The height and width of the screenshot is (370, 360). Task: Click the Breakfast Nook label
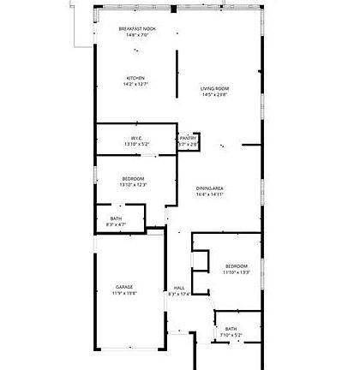pyautogui.click(x=136, y=29)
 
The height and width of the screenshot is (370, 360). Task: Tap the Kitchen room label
pyautogui.click(x=136, y=78)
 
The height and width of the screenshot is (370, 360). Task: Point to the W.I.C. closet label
pyautogui.click(x=136, y=138)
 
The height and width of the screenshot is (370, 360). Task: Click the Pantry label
pyautogui.click(x=189, y=138)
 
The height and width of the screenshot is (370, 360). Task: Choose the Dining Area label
pyautogui.click(x=210, y=188)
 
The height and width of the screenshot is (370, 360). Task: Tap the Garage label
pyautogui.click(x=125, y=287)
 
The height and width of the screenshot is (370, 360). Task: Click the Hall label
pyautogui.click(x=179, y=288)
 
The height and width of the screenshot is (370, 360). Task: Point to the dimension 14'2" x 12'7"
pyautogui.click(x=136, y=85)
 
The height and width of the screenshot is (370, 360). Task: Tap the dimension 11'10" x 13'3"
pyautogui.click(x=236, y=272)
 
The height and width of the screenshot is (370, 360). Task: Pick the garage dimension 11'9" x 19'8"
pyautogui.click(x=125, y=294)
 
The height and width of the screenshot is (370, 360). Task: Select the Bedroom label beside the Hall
pyautogui.click(x=236, y=266)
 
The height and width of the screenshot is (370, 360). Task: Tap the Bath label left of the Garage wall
pyautogui.click(x=116, y=218)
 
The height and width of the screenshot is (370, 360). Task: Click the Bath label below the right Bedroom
pyautogui.click(x=231, y=329)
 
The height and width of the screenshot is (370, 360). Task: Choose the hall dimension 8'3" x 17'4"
pyautogui.click(x=179, y=295)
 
